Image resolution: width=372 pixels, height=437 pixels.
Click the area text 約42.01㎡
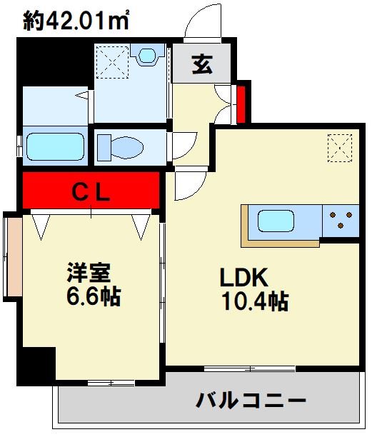coord(76,21)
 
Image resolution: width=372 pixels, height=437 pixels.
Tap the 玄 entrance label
coord(202,65)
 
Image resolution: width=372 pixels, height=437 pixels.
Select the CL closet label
coord(91,191)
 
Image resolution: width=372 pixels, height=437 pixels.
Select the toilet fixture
coord(122,146)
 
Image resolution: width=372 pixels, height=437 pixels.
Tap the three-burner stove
coord(341,220)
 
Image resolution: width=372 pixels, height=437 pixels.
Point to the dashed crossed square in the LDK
coord(340,149)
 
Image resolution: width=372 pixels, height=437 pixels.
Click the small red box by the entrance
coord(241,103)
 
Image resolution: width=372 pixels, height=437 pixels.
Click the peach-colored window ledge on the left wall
coord(13,257)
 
